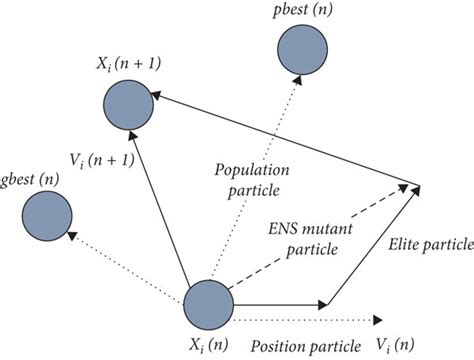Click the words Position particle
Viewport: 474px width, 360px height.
(305, 347)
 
